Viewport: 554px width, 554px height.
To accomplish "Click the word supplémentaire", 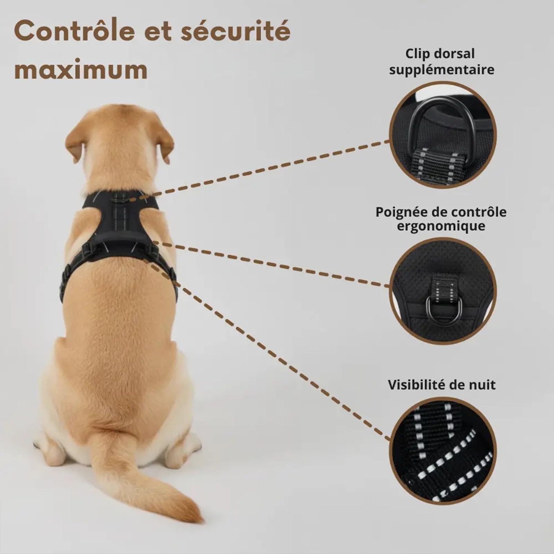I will click(x=441, y=70).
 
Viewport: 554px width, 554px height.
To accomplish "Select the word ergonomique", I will click(x=441, y=226).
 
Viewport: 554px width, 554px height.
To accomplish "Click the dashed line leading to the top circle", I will click(x=263, y=170).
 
